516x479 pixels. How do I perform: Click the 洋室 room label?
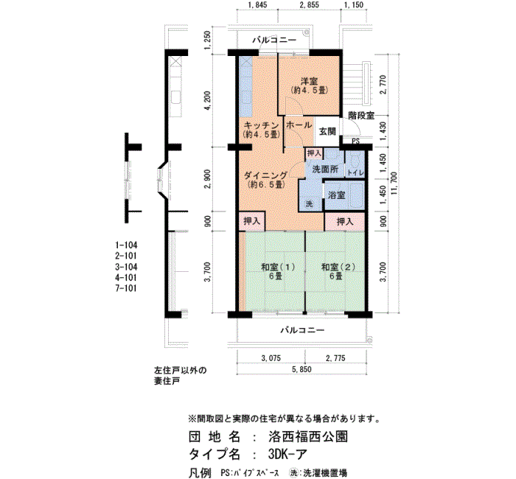pyautogui.click(x=309, y=81)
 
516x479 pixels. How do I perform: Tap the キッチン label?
pyautogui.click(x=262, y=125)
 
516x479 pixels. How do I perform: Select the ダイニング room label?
pyautogui.click(x=266, y=175)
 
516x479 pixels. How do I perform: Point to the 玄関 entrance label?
pyautogui.click(x=327, y=131)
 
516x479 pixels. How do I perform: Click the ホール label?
pyautogui.click(x=299, y=125)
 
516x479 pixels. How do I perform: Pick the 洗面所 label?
pyautogui.click(x=325, y=169)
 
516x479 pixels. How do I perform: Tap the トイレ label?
pyautogui.click(x=355, y=172)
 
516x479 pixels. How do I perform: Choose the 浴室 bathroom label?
pyautogui.click(x=336, y=195)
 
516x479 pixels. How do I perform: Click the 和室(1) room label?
pyautogui.click(x=278, y=267)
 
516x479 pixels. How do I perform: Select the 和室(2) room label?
pyautogui.click(x=338, y=267)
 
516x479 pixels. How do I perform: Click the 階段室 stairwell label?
pyautogui.click(x=361, y=116)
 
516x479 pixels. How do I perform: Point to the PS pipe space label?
pyautogui.click(x=356, y=141)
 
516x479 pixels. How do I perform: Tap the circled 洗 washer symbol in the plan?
pyautogui.click(x=309, y=204)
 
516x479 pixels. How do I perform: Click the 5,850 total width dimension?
pyautogui.click(x=301, y=369)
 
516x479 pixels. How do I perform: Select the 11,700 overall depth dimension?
pyautogui.click(x=394, y=183)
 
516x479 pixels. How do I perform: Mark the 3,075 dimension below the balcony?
pyautogui.click(x=271, y=358)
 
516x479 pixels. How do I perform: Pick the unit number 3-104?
pyautogui.click(x=126, y=267)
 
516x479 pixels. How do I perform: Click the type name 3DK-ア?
pyautogui.click(x=287, y=455)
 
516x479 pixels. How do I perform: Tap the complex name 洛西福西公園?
pyautogui.click(x=308, y=437)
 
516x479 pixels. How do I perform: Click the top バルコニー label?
pyautogui.click(x=274, y=40)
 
